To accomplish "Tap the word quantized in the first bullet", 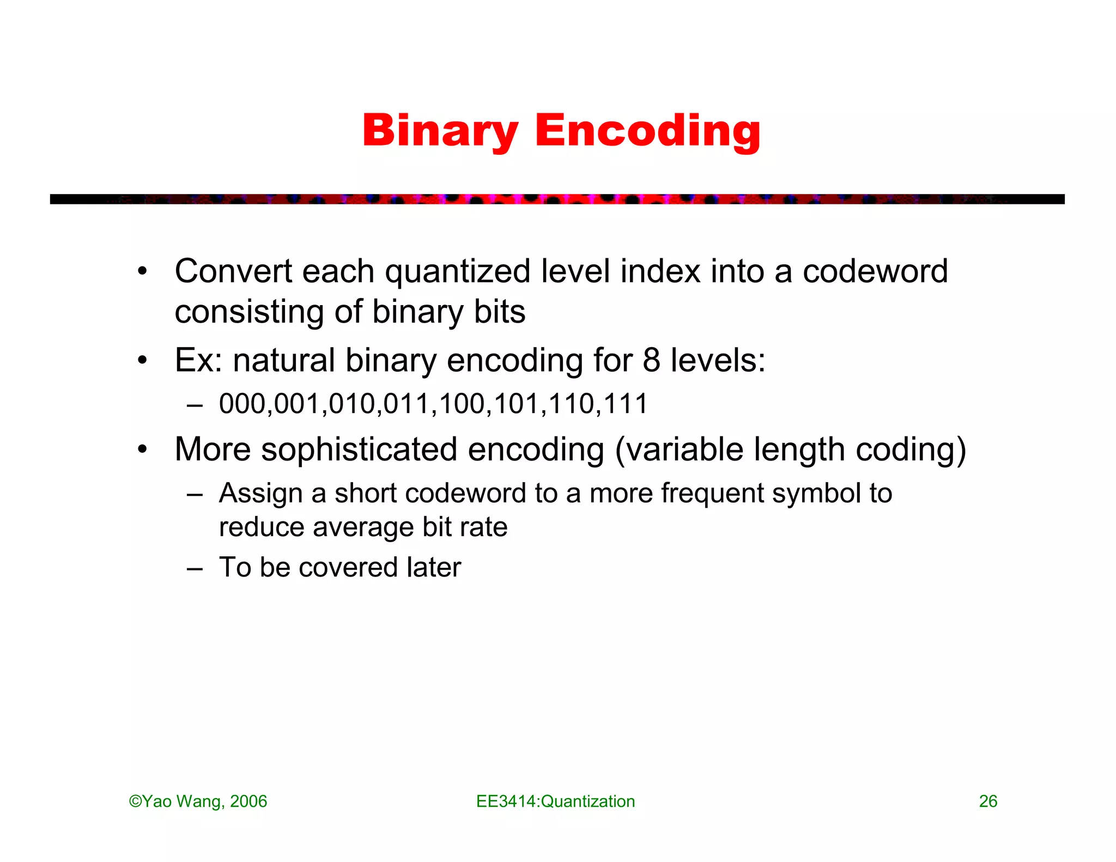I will pos(457,271).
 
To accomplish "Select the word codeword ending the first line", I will pos(875,271).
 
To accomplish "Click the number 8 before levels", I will pos(651,360).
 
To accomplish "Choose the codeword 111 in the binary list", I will pos(627,404).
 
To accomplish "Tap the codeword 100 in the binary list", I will pos(462,404).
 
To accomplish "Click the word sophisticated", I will pos(359,450).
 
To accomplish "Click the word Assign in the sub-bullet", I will pos(260,494).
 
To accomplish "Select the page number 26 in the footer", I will pos(988,802).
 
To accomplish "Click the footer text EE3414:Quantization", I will pos(555,802).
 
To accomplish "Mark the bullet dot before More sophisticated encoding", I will pos(142,450).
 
